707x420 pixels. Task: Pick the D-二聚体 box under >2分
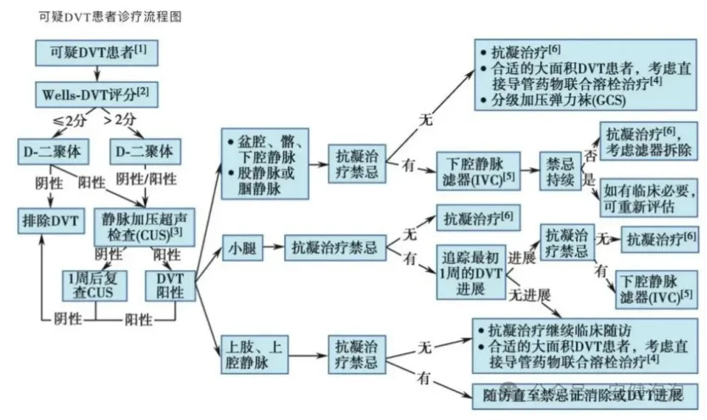click(142, 152)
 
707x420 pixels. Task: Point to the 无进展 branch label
click(529, 296)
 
